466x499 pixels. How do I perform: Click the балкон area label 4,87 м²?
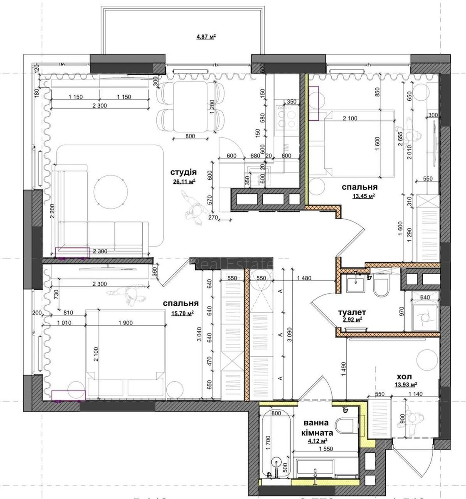[206, 37]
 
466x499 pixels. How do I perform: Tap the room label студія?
[183, 172]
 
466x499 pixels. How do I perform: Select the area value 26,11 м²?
[184, 181]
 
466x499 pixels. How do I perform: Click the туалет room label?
[351, 311]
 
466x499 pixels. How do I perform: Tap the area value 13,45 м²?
[364, 196]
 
